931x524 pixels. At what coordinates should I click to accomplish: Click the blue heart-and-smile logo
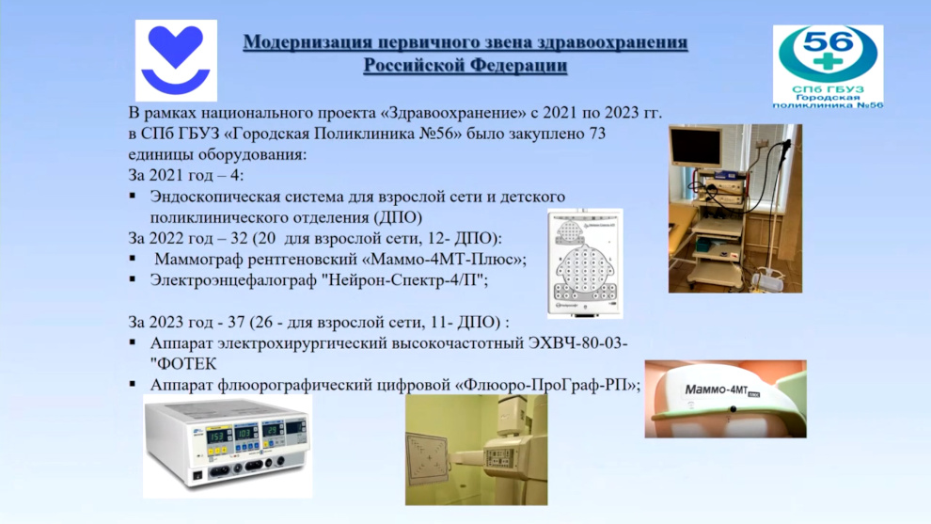click(176, 60)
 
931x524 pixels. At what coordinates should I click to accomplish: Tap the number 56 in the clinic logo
click(828, 42)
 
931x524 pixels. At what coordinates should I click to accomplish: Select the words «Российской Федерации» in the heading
click(465, 65)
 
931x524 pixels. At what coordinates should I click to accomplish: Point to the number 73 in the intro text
click(596, 134)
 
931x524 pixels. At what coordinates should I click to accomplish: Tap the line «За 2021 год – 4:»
click(186, 176)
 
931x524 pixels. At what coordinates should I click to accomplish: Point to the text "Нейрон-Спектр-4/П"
click(402, 279)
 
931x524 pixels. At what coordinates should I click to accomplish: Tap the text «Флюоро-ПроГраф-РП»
click(545, 385)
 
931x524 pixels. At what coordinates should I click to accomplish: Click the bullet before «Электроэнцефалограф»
click(133, 278)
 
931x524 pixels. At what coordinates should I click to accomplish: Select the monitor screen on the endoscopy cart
click(696, 146)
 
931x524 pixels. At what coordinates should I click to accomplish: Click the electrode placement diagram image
click(585, 263)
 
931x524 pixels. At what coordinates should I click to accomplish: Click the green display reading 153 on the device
click(218, 437)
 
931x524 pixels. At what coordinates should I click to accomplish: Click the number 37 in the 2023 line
click(236, 322)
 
